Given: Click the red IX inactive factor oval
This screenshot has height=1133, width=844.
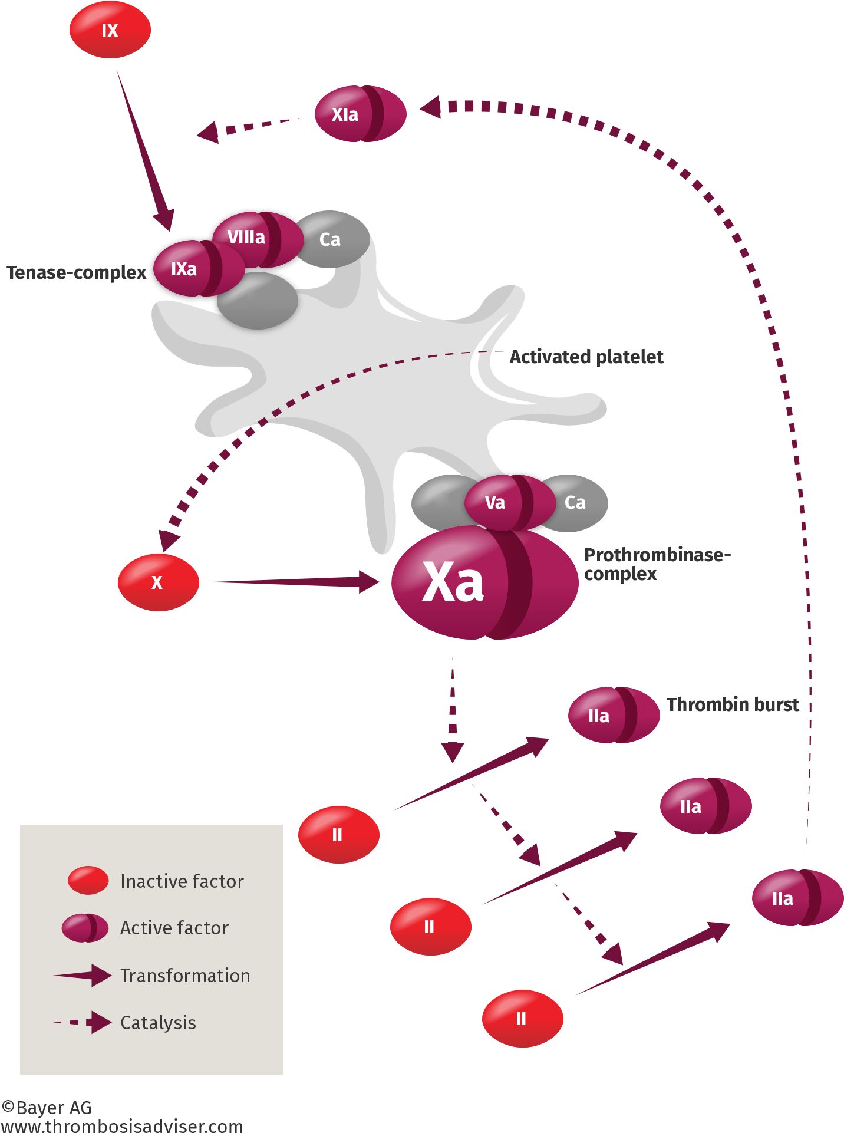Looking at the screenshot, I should tap(110, 30).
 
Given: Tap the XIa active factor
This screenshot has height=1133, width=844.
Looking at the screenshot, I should tap(360, 114).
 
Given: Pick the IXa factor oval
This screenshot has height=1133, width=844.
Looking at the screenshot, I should tap(194, 268).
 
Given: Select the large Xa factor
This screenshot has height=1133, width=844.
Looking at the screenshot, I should tap(483, 582).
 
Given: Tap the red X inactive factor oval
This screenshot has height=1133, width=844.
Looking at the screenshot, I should tap(158, 582).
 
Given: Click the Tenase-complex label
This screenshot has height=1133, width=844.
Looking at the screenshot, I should tap(77, 272).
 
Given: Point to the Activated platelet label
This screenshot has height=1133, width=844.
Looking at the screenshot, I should tap(586, 357).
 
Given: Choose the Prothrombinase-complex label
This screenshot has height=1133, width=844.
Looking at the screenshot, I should tap(657, 564).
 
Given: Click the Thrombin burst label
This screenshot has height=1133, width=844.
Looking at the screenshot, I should tap(733, 704).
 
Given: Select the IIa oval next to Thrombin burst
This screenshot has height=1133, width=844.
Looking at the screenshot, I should tap(613, 715).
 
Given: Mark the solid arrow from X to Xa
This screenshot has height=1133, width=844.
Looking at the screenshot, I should tap(295, 582).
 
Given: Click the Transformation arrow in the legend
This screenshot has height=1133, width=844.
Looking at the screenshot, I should tap(83, 975).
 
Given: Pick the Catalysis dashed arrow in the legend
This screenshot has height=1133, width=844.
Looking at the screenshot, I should tap(83, 1022).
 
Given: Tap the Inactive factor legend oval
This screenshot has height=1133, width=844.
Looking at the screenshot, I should tap(88, 880).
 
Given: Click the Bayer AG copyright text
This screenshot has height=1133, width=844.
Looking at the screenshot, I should tap(47, 1108).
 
